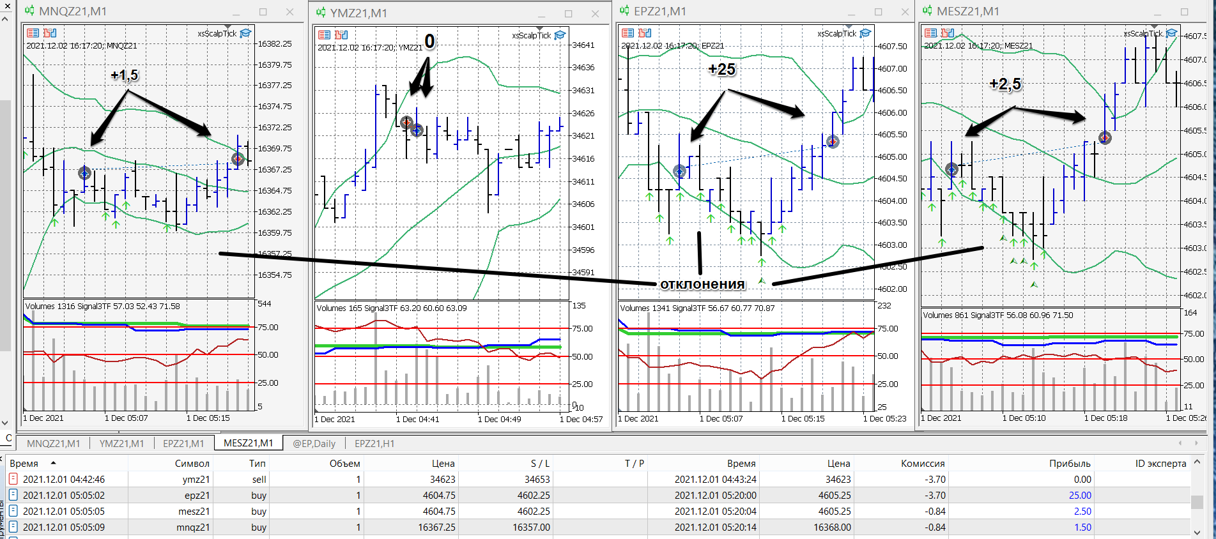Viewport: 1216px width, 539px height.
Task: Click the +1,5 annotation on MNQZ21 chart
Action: pyautogui.click(x=125, y=75)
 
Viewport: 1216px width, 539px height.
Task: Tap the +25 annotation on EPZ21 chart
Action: pyautogui.click(x=722, y=69)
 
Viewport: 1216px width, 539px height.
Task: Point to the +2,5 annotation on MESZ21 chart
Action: pyautogui.click(x=1005, y=84)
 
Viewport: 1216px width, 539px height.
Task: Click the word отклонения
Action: pyautogui.click(x=702, y=284)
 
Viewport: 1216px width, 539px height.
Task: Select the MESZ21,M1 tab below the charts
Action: pyautogui.click(x=249, y=443)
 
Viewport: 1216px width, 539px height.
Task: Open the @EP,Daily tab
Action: pyautogui.click(x=314, y=443)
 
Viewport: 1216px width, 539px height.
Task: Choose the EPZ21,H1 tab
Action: pyautogui.click(x=374, y=443)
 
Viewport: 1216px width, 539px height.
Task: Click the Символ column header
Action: pyautogui.click(x=192, y=464)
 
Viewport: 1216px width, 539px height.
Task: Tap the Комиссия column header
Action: pyautogui.click(x=923, y=464)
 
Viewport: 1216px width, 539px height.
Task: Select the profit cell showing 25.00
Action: pyautogui.click(x=1080, y=496)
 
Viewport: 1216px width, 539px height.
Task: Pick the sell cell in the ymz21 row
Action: pyautogui.click(x=259, y=480)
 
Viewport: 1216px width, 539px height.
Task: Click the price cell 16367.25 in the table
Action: pyautogui.click(x=437, y=528)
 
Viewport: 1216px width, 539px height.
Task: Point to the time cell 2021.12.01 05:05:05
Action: pyautogui.click(x=64, y=512)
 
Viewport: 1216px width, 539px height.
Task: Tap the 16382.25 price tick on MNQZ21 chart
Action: pyautogui.click(x=275, y=44)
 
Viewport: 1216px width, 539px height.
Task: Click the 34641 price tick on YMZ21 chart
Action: pyautogui.click(x=583, y=45)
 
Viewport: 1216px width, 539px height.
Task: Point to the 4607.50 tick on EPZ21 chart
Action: pyautogui.click(x=892, y=47)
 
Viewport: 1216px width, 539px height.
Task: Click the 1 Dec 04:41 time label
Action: pyautogui.click(x=417, y=420)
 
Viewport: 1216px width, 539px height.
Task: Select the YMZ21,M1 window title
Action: pyautogui.click(x=358, y=13)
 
